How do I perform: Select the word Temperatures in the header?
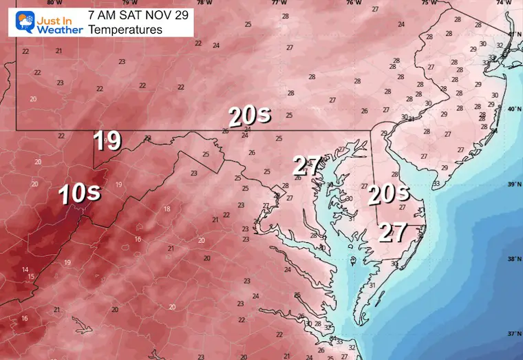pos(125,30)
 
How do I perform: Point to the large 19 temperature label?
pos(107,140)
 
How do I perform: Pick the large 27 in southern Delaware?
pos(394,233)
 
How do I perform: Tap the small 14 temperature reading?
pos(25,269)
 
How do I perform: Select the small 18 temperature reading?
pos(167,209)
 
